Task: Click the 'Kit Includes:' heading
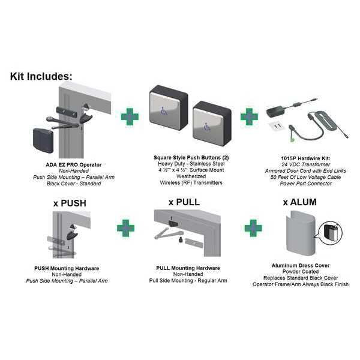(x=41, y=76)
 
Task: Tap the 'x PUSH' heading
(x=70, y=203)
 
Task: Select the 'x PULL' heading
(x=184, y=202)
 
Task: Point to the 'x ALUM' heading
(x=299, y=202)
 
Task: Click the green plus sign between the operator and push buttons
(x=130, y=116)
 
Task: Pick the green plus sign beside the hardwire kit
(x=249, y=116)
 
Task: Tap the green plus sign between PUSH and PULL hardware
(x=125, y=228)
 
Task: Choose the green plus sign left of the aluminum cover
(x=253, y=228)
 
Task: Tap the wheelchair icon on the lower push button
(x=208, y=127)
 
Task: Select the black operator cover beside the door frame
(x=43, y=140)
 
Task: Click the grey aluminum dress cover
(x=300, y=233)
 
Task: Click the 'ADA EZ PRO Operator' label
(x=73, y=164)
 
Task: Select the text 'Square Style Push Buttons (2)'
(x=191, y=157)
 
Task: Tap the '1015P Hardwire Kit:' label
(x=305, y=158)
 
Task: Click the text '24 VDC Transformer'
(x=305, y=164)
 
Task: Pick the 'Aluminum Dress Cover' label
(x=301, y=265)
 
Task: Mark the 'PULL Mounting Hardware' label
(x=188, y=268)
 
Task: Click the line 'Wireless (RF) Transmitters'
(x=191, y=183)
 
